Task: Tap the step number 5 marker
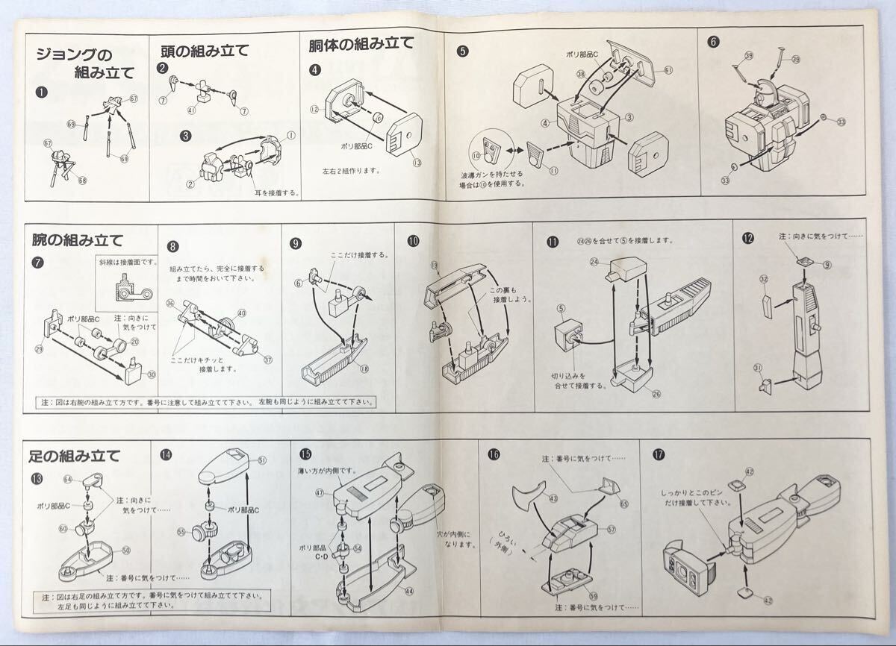463,51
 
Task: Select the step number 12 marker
747,239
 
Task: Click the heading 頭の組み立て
205,51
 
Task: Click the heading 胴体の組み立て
361,44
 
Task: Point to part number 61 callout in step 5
668,70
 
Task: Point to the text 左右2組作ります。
350,171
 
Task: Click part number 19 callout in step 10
433,286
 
